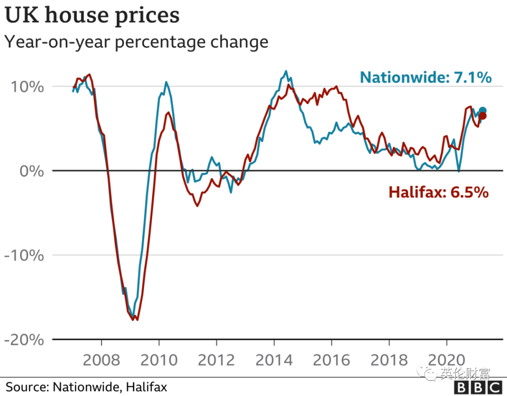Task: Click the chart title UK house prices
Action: coord(92,15)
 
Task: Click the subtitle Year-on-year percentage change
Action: coord(136,42)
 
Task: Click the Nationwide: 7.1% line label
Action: coord(426,77)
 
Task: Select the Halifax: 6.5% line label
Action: coord(438,192)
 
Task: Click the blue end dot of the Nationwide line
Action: coord(483,111)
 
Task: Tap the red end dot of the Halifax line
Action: coord(483,116)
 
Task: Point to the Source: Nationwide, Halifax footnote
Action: coord(86,387)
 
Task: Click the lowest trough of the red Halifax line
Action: coord(137,320)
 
